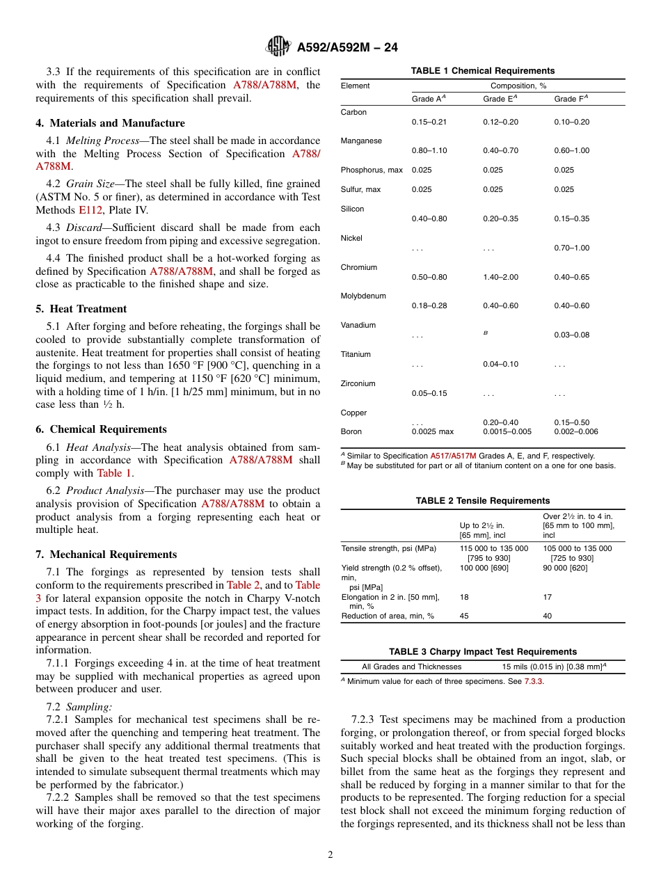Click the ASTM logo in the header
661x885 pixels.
[x=278, y=47]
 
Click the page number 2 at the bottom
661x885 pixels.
[x=330, y=854]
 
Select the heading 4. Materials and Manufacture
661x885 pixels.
[x=111, y=123]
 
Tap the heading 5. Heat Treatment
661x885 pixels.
[x=81, y=309]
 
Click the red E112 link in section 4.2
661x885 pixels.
[x=90, y=210]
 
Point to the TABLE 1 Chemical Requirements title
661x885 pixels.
[x=483, y=71]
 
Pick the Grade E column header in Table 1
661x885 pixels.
[x=500, y=99]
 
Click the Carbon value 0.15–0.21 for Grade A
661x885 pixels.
[x=429, y=122]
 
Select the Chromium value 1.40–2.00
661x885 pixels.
[x=500, y=277]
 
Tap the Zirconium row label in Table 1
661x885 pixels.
[x=358, y=383]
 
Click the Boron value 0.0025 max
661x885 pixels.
[x=432, y=431]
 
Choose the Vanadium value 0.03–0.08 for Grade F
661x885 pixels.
[x=571, y=335]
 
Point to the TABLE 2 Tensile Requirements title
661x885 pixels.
[x=483, y=501]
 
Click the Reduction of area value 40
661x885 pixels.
[x=548, y=616]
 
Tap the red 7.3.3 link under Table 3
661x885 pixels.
[x=534, y=681]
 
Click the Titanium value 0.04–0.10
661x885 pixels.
[x=500, y=364]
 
